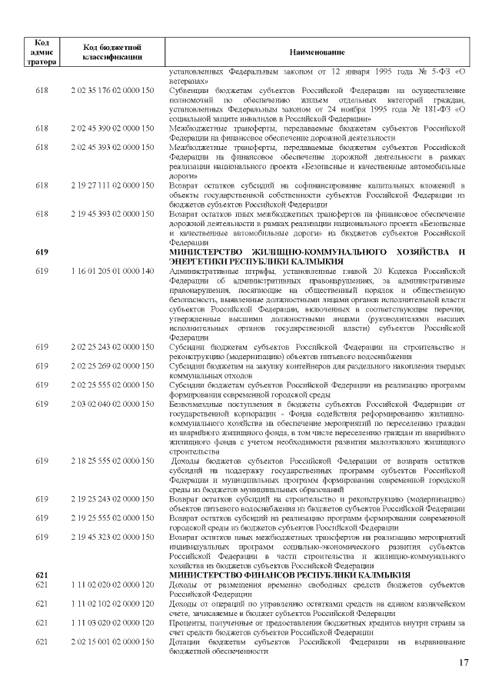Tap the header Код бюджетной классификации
point(113,51)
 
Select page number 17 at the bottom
point(463,662)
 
